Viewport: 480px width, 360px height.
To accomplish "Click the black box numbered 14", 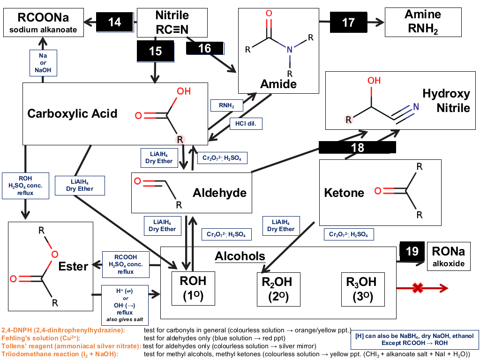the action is (115, 22).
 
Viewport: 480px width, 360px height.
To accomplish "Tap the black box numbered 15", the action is (156, 51).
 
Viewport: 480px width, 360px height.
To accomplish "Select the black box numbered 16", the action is (205, 48).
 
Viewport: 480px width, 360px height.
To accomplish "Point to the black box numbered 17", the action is (348, 22).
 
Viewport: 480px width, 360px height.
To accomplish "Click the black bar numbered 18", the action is (357, 147).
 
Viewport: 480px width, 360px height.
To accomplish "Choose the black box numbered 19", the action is (412, 251).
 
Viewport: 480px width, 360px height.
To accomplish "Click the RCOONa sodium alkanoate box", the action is (44, 22).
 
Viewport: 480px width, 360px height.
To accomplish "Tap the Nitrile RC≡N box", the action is (172, 22).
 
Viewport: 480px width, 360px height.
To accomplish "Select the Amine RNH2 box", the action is (423, 22).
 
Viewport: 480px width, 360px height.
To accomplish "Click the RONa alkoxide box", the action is (449, 256).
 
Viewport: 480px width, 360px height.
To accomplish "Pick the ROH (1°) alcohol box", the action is (193, 288).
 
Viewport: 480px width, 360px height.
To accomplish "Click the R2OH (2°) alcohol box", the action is (278, 289).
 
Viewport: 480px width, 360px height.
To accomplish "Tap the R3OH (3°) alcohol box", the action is (363, 289).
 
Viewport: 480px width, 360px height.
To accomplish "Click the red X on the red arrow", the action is (418, 288).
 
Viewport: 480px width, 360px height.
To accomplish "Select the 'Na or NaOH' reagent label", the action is (43, 63).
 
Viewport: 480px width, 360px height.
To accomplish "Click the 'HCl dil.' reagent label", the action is (246, 124).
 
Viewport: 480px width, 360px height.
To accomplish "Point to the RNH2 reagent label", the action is (226, 105).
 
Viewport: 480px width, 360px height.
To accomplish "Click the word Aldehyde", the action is (219, 193).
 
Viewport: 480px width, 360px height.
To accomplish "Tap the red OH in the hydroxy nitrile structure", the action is (374, 81).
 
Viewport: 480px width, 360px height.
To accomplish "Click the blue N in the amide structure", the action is (290, 49).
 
